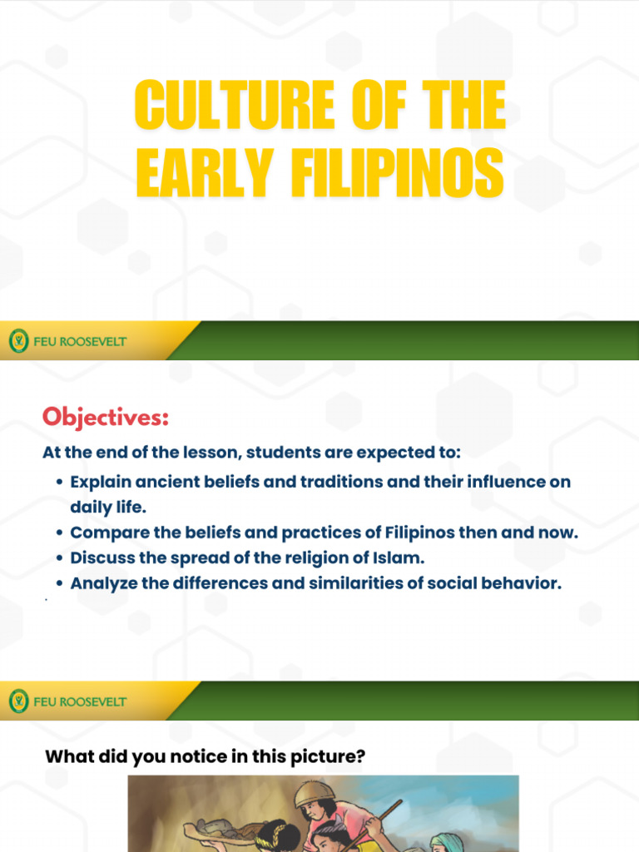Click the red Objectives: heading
(x=106, y=417)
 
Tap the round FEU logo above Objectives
(x=18, y=341)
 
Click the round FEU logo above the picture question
(x=18, y=701)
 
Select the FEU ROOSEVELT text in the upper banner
(x=80, y=341)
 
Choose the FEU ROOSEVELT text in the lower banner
(x=80, y=701)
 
